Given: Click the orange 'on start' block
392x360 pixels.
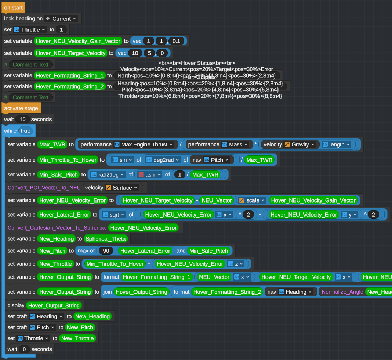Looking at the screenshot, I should [x=13, y=8].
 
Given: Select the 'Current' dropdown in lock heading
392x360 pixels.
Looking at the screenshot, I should [x=62, y=19].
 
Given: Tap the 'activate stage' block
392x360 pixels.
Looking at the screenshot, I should [x=21, y=108].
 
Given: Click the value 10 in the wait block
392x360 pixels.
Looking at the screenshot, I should [x=23, y=119].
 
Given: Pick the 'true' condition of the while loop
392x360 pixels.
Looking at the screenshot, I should [x=25, y=131].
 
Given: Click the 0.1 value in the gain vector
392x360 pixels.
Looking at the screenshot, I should [x=176, y=41].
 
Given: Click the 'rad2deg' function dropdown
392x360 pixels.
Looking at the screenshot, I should [x=108, y=175].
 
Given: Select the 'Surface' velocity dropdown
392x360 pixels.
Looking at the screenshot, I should [x=122, y=188].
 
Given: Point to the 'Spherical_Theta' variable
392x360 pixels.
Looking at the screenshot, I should [x=106, y=239].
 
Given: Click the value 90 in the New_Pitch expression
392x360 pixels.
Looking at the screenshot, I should [x=106, y=251].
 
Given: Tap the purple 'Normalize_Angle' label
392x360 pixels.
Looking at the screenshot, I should [x=342, y=292].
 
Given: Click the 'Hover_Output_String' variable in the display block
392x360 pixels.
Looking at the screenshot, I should [x=54, y=305].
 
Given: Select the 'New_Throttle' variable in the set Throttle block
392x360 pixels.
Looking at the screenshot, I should [x=77, y=338].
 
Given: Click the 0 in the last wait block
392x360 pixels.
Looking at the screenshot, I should [x=24, y=349].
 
